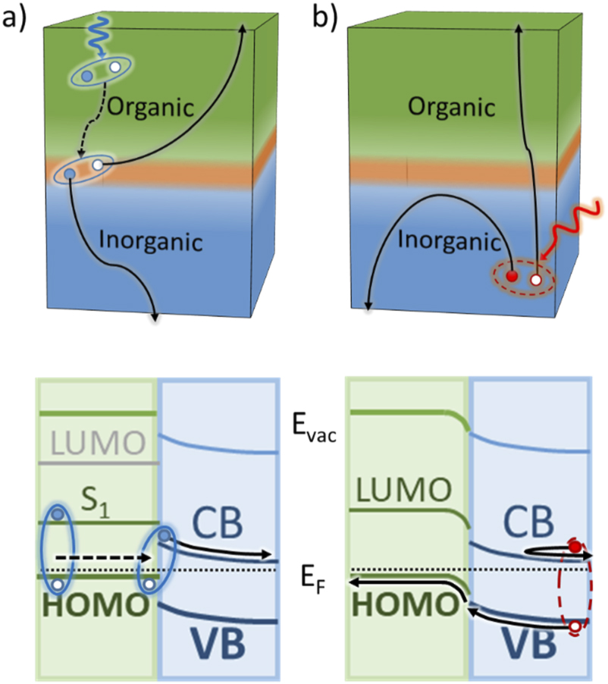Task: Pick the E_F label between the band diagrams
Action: (x=312, y=585)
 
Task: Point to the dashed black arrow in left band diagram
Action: (x=106, y=557)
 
